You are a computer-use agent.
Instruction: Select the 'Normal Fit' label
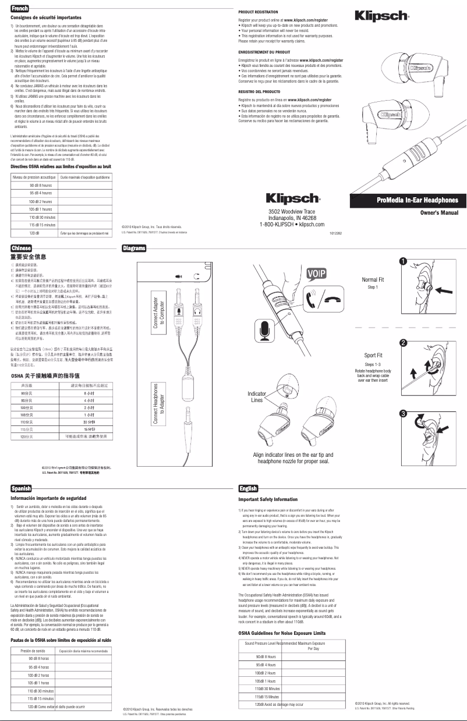coord(373,279)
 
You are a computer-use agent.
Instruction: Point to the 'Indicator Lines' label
coord(257,397)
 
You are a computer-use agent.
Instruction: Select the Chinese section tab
coord(22,248)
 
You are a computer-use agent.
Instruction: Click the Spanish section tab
coord(22,488)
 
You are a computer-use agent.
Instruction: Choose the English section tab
coord(249,488)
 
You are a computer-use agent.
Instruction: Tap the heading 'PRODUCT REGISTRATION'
coord(258,12)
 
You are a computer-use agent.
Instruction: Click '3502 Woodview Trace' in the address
coord(292,211)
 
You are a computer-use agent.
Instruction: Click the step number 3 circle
coord(402,413)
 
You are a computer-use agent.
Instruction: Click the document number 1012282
coord(337,233)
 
